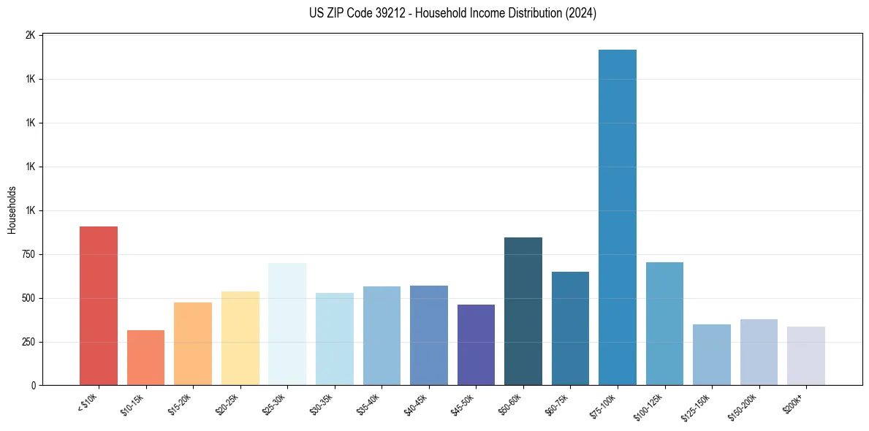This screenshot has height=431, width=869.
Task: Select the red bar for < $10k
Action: click(99, 306)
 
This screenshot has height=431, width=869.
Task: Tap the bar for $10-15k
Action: click(145, 358)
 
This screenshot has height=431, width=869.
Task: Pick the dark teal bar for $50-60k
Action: click(523, 311)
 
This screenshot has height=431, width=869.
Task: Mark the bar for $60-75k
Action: click(570, 329)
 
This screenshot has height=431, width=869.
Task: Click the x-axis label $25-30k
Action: click(274, 404)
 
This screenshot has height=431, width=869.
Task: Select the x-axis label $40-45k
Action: click(416, 404)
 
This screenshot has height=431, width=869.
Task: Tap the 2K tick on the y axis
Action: click(30, 35)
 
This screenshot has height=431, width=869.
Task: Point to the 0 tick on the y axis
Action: click(33, 386)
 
